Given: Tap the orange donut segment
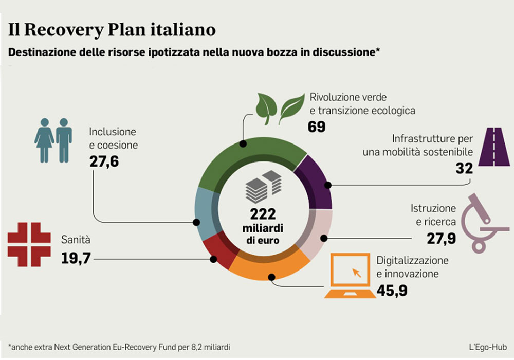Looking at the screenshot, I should (270, 265).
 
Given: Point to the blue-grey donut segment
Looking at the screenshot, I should (205, 216).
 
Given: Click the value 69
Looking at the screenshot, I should (317, 127).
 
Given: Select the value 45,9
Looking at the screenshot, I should (392, 290).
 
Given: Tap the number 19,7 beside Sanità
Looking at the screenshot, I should (76, 257).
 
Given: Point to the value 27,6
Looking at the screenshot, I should (104, 161).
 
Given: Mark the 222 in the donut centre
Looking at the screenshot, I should (263, 213).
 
